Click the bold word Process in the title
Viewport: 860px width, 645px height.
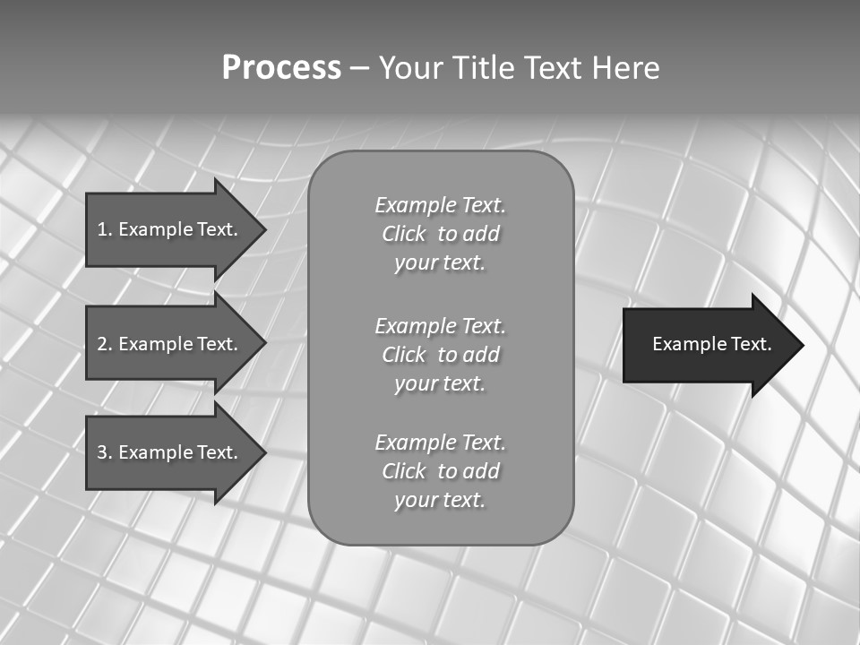tap(281, 68)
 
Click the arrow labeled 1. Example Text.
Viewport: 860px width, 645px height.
tap(170, 229)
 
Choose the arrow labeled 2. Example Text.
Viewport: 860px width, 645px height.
tap(170, 344)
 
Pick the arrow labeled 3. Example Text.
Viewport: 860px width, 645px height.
tap(170, 452)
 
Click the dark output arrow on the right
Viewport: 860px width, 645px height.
tap(708, 345)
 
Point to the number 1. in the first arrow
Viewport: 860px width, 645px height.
tap(105, 229)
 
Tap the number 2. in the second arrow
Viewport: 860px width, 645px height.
tap(105, 344)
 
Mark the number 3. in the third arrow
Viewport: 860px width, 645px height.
tap(105, 452)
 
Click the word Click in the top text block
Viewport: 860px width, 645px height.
tap(404, 234)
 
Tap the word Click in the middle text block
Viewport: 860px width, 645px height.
tap(404, 355)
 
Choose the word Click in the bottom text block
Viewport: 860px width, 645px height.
tap(404, 471)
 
